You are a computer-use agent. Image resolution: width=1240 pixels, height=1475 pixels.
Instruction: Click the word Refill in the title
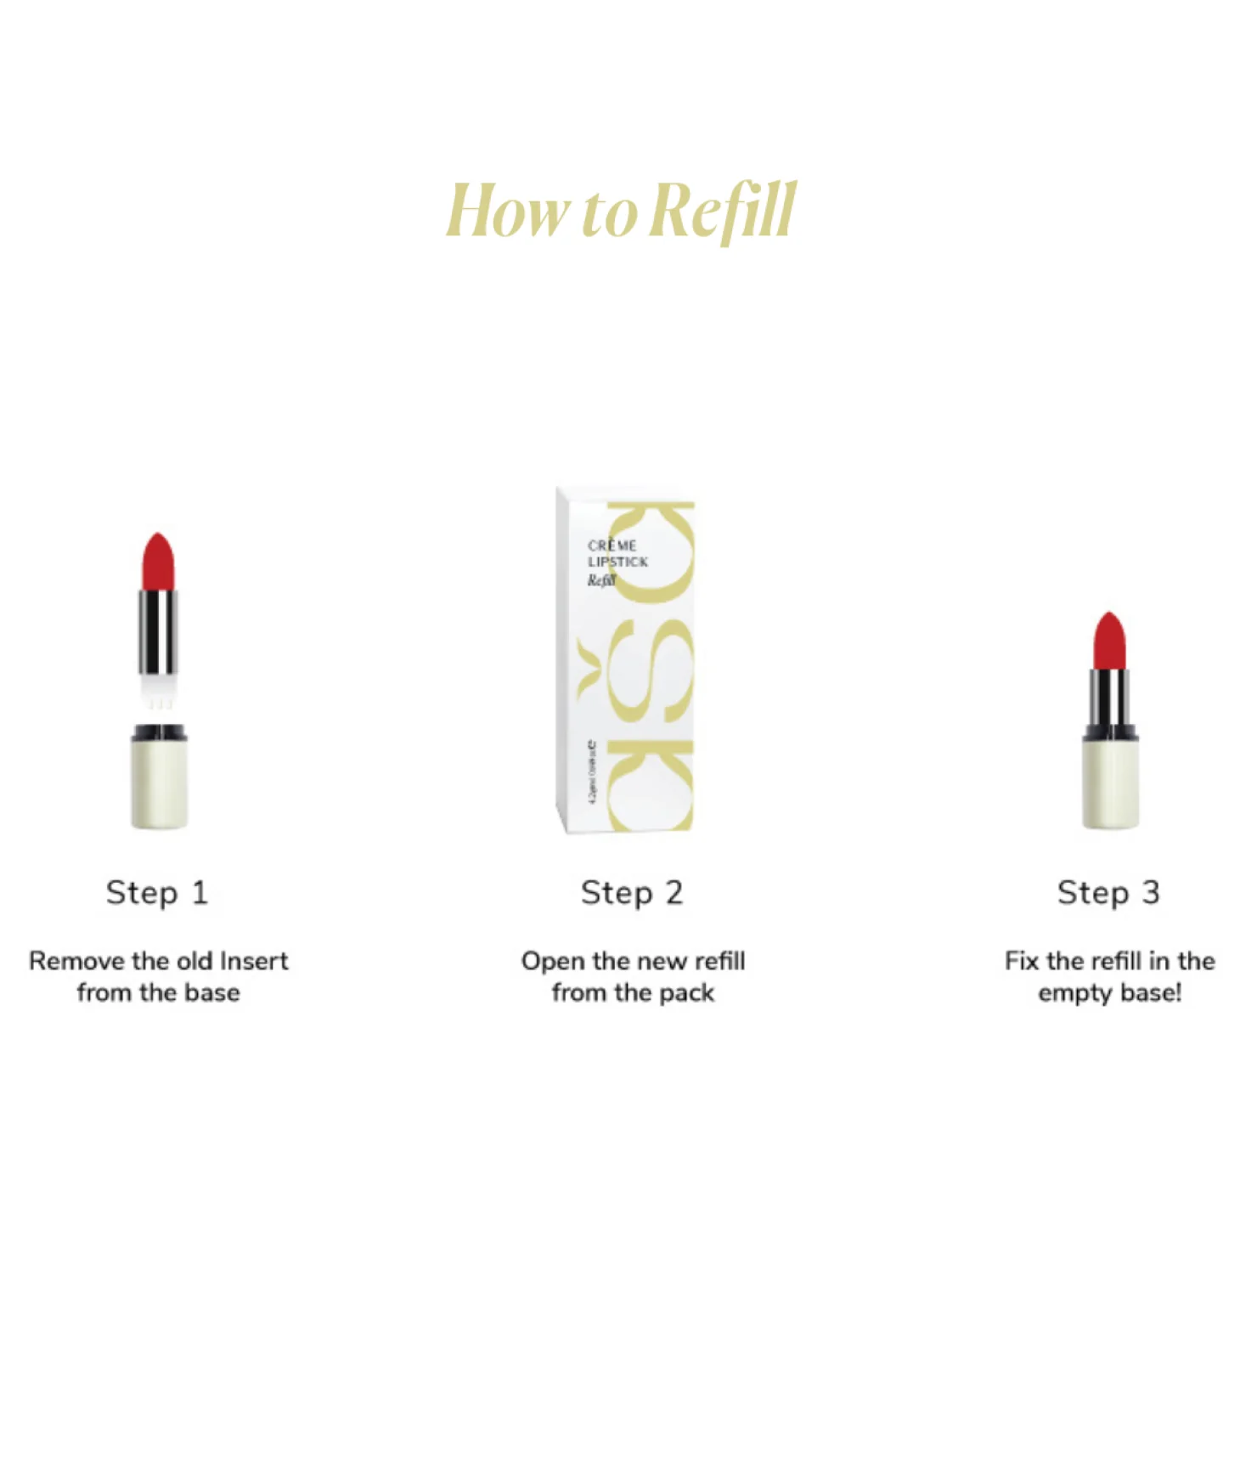[x=726, y=211]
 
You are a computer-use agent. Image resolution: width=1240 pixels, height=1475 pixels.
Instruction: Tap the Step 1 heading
[x=157, y=892]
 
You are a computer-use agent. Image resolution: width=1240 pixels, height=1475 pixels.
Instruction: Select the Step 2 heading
[x=632, y=892]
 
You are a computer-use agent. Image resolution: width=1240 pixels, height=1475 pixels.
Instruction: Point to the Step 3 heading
[x=1108, y=892]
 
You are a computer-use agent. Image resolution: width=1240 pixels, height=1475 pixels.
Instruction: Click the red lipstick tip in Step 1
[x=158, y=561]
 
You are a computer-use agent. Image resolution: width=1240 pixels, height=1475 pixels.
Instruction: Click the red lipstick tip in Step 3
[x=1109, y=641]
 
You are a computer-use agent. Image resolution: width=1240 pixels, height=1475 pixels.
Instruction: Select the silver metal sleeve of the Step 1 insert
[x=158, y=633]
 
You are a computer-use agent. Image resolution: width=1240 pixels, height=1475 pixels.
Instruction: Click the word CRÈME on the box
[x=612, y=545]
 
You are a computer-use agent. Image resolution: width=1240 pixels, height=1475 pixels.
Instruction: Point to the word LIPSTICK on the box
[x=617, y=562]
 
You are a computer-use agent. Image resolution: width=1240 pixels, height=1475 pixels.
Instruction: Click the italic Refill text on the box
[x=600, y=581]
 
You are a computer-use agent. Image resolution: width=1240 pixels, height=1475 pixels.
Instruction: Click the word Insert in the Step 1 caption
[x=254, y=961]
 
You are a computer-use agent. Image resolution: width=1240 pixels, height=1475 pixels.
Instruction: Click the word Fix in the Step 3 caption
[x=1022, y=961]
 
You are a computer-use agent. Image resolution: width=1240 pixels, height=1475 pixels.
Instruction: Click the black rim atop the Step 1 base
[x=159, y=732]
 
